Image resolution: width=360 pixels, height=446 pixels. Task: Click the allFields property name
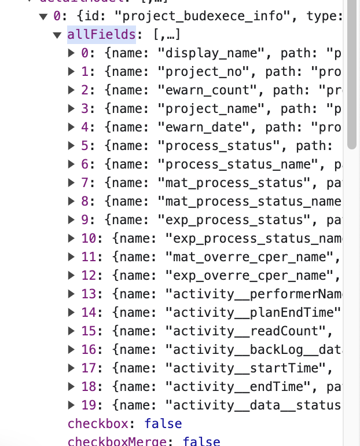tap(102, 35)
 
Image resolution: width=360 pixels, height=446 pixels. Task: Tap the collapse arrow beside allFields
tap(57, 35)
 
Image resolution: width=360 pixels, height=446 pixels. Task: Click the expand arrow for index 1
tap(71, 72)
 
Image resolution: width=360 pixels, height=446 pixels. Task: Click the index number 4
tap(85, 127)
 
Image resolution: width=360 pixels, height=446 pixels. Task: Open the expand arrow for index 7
tap(71, 183)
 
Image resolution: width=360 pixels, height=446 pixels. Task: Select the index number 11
tap(89, 257)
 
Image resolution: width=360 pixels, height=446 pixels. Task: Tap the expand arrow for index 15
tap(71, 331)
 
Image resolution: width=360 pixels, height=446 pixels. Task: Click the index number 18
tap(89, 386)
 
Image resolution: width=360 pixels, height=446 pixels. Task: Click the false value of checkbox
tap(163, 423)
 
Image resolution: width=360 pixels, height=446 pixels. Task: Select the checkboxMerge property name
tap(119, 441)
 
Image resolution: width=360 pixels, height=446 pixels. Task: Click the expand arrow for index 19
tap(71, 405)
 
